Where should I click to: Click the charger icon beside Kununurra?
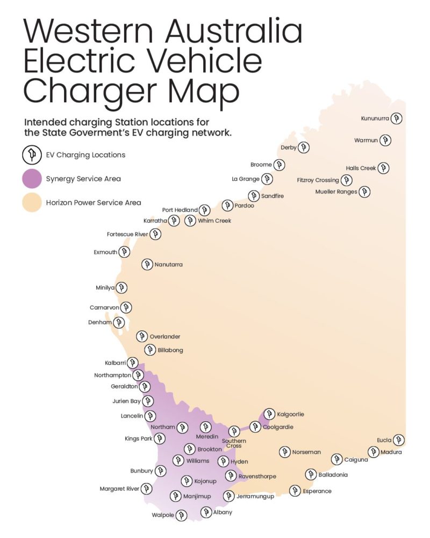tap(396, 118)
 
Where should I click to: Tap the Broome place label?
tap(261, 165)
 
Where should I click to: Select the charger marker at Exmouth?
tap(125, 252)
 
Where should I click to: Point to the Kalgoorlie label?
tap(291, 414)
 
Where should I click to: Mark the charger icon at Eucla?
tap(398, 440)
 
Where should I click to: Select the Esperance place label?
tap(317, 491)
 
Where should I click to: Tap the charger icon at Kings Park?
tap(160, 439)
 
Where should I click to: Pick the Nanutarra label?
tap(169, 265)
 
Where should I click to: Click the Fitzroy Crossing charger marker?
tap(347, 180)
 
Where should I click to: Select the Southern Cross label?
tap(234, 443)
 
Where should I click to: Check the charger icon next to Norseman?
tap(284, 452)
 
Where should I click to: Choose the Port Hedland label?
tap(180, 210)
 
